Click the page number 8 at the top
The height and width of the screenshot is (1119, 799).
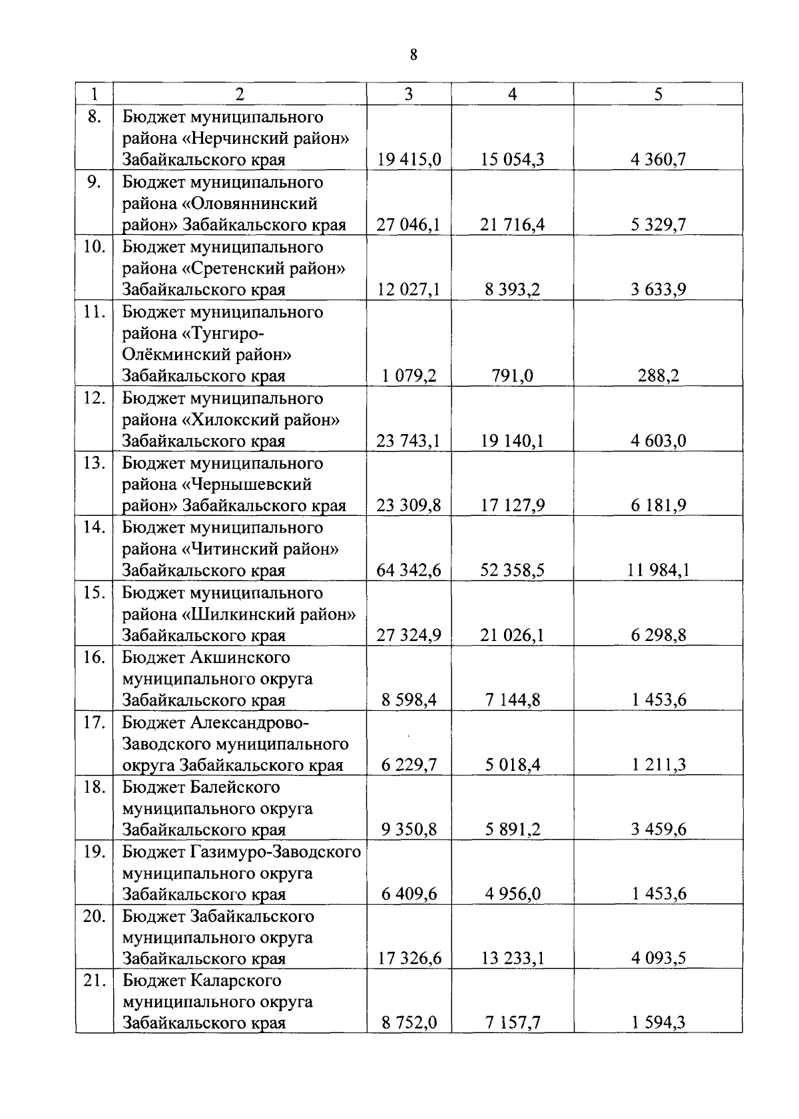[413, 55]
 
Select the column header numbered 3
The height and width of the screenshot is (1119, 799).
[408, 95]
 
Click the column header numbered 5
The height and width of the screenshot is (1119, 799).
[658, 95]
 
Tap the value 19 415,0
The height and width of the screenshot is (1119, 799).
[409, 160]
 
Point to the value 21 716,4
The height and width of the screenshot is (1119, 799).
[512, 225]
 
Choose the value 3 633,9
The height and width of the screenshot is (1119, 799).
[659, 290]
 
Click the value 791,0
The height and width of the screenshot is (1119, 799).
[512, 376]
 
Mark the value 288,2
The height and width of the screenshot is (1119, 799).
[659, 376]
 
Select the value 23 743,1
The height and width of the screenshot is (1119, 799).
[409, 441]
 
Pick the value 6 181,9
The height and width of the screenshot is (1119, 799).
[659, 505]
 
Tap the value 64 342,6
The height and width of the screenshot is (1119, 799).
[409, 570]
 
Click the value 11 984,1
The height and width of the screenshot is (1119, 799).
[658, 570]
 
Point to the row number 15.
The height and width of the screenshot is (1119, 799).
[94, 592]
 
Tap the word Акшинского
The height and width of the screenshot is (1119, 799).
[240, 658]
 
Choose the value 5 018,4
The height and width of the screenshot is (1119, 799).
[512, 765]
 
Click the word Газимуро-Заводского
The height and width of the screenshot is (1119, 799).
[276, 852]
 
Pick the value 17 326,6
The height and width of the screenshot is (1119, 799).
[409, 959]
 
